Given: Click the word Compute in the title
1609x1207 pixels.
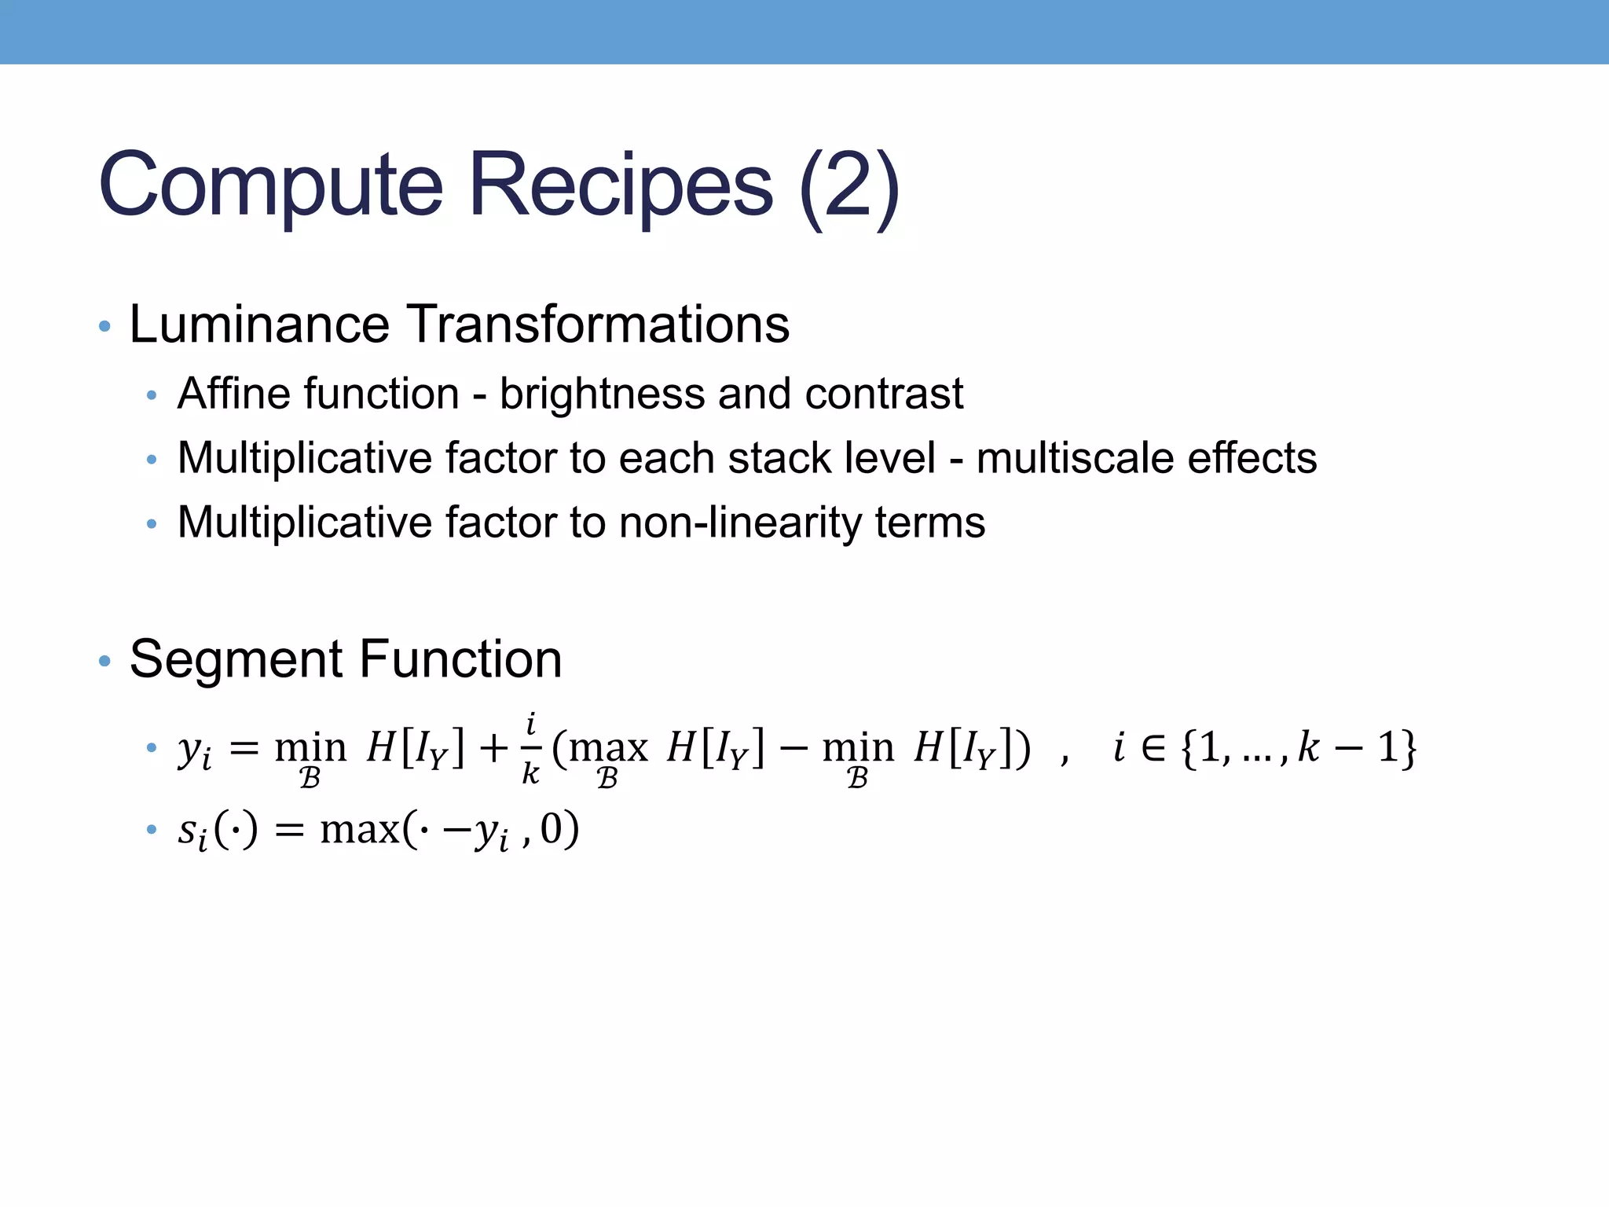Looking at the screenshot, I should coord(271,185).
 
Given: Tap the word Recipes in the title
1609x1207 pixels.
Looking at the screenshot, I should coord(621,185).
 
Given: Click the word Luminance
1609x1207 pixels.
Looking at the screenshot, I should coord(259,324).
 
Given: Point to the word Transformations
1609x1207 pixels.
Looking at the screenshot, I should coord(599,324).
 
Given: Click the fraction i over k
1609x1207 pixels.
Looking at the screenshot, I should coord(531,749).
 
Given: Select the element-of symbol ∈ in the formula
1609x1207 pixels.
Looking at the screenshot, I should coord(1153,747).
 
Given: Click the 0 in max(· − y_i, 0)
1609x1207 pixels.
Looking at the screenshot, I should coord(551,829).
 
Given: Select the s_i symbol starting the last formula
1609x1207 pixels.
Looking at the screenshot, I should coord(192,831).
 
